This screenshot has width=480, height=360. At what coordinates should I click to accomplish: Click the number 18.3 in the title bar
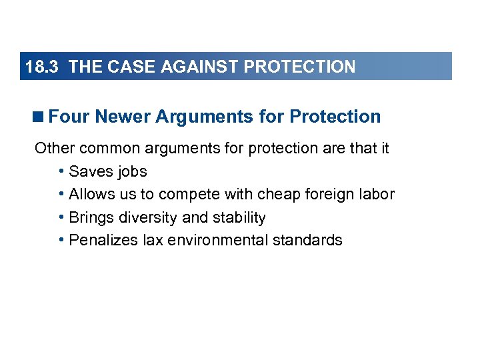(43, 67)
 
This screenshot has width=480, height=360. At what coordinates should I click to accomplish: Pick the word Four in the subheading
(69, 117)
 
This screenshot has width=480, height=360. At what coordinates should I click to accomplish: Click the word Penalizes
(103, 240)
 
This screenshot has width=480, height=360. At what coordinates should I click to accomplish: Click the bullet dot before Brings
(61, 217)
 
